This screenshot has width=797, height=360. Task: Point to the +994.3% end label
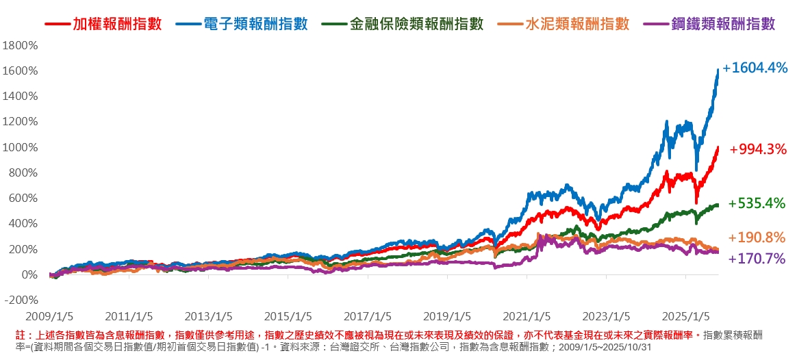pyautogui.click(x=758, y=149)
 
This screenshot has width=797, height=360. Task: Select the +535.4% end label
pyautogui.click(x=757, y=203)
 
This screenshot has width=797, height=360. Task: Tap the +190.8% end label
pyautogui.click(x=757, y=237)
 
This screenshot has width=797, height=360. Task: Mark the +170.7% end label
pyautogui.click(x=757, y=259)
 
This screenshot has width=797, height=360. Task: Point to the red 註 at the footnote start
pyautogui.click(x=20, y=335)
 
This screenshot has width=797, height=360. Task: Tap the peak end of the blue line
pyautogui.click(x=717, y=70)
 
